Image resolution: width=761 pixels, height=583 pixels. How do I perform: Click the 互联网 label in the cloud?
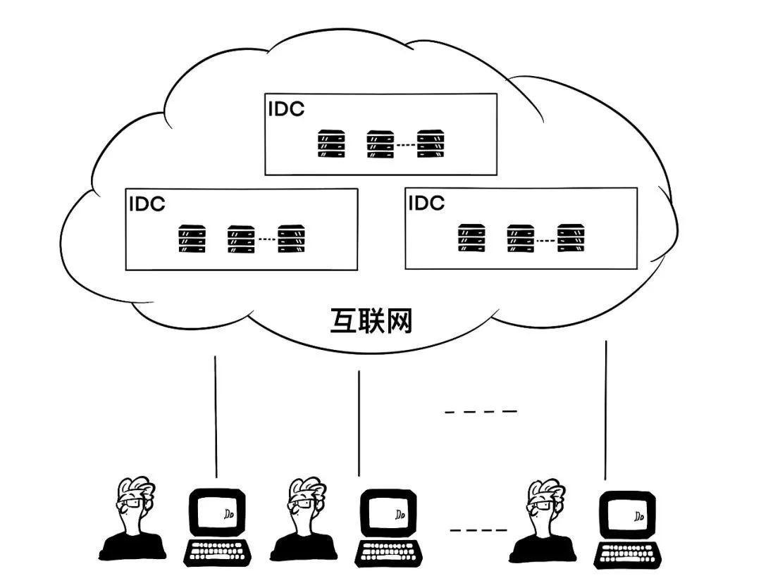(x=371, y=321)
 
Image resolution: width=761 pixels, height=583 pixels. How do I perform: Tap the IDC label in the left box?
(x=147, y=204)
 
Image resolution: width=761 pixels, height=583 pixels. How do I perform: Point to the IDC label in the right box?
(x=426, y=203)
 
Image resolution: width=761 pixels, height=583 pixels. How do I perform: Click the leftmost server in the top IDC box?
(x=331, y=144)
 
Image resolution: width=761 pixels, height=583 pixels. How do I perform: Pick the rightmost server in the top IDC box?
(x=431, y=144)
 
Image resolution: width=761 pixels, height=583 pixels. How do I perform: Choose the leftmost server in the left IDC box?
(x=192, y=239)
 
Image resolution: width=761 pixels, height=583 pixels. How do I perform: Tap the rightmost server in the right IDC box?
(x=572, y=238)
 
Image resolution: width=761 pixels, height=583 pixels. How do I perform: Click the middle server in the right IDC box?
(x=521, y=238)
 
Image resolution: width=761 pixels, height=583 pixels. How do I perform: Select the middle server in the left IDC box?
(x=241, y=239)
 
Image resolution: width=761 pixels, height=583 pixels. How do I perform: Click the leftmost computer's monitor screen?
(x=218, y=513)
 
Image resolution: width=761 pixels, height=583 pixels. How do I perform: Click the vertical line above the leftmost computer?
(x=216, y=415)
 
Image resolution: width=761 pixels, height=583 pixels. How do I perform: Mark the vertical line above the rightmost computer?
(x=606, y=408)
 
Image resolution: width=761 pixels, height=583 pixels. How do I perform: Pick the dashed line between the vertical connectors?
(x=481, y=411)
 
